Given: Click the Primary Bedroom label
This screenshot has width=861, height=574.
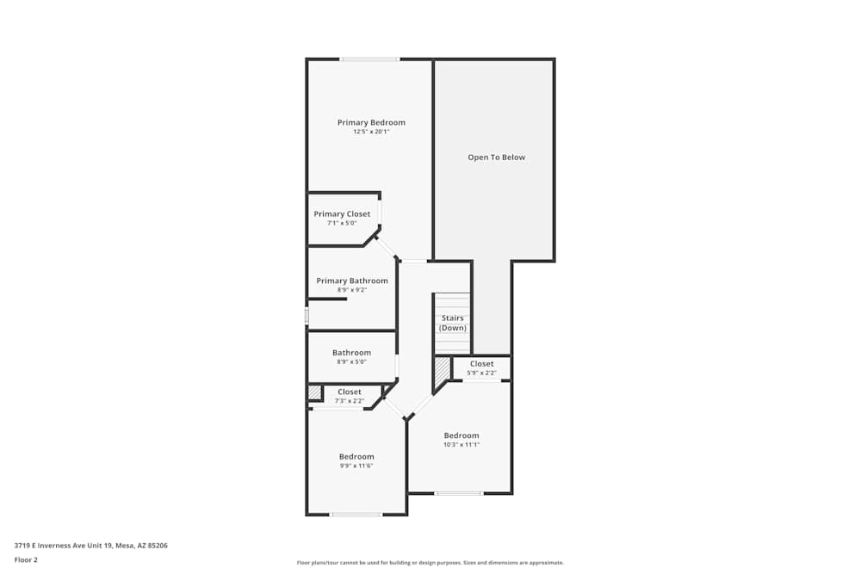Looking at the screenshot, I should (371, 122).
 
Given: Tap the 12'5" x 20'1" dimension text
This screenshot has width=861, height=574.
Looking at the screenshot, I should (371, 132).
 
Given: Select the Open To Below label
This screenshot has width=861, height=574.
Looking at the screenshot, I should (496, 157).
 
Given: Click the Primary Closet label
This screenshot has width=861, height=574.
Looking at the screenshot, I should (342, 214).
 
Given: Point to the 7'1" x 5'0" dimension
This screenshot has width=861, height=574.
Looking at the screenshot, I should (342, 224).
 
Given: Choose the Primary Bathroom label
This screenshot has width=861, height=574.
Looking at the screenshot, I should (352, 281).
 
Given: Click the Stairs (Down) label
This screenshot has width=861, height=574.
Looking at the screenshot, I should (452, 323).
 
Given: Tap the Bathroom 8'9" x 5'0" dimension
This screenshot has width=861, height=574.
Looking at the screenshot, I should (351, 362).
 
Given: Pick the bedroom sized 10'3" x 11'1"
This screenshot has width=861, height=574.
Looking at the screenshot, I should (461, 440).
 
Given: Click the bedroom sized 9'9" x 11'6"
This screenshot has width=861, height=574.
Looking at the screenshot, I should (356, 460).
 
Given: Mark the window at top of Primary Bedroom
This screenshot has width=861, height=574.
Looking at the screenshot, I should (369, 59).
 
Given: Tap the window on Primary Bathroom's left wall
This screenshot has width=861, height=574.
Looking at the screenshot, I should (307, 316).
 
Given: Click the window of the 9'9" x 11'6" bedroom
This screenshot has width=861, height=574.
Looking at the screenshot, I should (356, 515).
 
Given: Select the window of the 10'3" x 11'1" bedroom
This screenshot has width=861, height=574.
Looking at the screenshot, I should (458, 493).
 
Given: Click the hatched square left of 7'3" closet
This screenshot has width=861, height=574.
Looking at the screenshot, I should (314, 392).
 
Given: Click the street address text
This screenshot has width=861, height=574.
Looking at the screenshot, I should (91, 545).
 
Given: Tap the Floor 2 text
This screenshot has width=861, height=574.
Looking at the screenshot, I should (27, 559).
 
